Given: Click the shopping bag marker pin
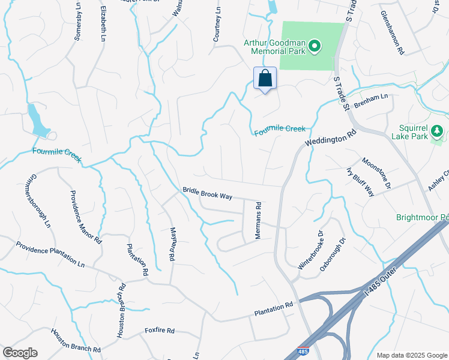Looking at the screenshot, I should [265, 79].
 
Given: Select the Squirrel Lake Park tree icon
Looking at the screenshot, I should [438, 130].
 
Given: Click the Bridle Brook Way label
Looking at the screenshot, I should [207, 193].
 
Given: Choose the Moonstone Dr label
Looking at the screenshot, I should [376, 172].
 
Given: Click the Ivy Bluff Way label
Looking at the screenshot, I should [360, 181].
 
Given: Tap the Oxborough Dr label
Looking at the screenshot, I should [334, 254].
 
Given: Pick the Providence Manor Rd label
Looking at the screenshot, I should [85, 217].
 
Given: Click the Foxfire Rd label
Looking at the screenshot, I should [159, 331].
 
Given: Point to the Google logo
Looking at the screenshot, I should [20, 353].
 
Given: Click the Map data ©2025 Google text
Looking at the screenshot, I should [412, 355].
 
